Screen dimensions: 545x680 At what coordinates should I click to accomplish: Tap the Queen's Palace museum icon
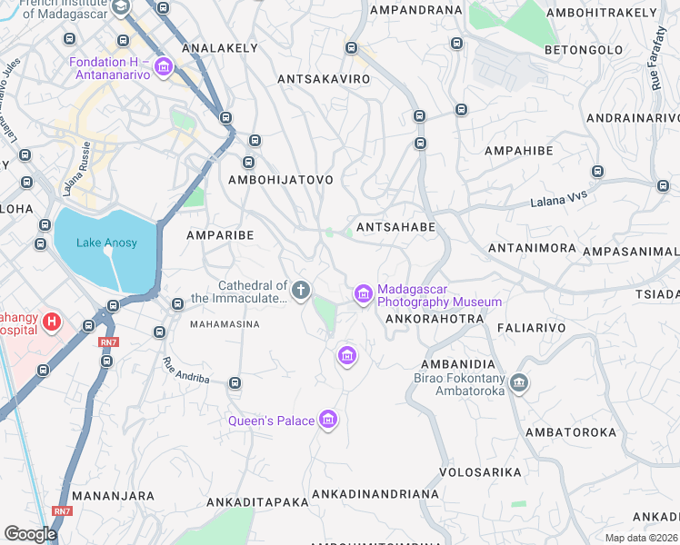click(329, 420)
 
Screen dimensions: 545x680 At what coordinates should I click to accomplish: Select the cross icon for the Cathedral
click(301, 291)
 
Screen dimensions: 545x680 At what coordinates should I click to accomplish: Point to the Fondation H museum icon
click(164, 66)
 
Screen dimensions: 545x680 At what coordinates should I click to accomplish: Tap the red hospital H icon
click(52, 322)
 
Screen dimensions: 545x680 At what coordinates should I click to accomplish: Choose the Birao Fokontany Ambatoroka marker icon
click(519, 383)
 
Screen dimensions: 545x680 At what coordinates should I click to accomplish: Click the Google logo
click(29, 533)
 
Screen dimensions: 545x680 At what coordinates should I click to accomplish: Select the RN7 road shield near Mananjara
click(62, 511)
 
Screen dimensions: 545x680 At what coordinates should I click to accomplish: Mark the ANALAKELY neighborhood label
click(215, 47)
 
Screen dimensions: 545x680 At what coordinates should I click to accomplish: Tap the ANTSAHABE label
click(395, 227)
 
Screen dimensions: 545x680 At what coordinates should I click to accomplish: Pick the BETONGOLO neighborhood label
click(584, 49)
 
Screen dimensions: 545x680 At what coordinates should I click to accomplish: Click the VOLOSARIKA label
click(480, 472)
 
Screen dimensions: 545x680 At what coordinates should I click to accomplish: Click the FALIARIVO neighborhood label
click(531, 327)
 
